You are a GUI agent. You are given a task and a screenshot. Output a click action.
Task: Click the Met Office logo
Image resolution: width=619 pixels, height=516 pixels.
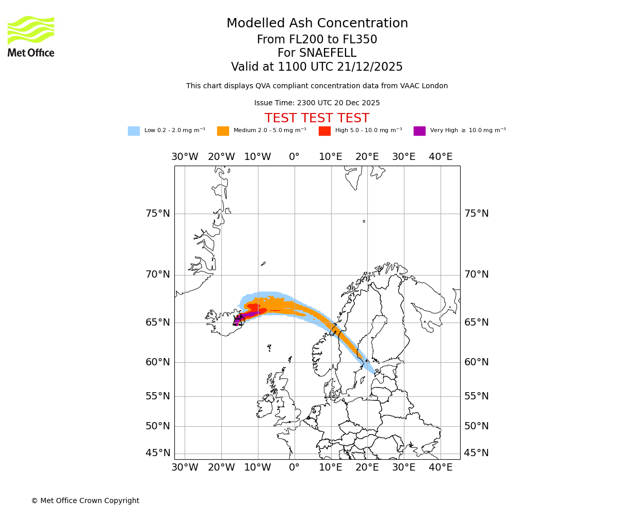31,36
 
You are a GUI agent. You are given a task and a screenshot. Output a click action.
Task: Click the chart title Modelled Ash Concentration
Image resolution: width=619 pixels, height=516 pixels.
317,24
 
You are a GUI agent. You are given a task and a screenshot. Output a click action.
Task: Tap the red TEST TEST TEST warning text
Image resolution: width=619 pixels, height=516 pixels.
317,119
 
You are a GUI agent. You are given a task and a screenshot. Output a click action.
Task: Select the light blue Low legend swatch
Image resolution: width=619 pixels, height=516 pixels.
134,131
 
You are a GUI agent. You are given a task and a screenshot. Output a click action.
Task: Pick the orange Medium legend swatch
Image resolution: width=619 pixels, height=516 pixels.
223,131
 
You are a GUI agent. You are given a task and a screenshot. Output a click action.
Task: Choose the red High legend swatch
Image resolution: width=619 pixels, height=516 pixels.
324,131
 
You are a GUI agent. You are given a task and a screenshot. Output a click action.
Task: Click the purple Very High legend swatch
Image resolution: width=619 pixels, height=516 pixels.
419,131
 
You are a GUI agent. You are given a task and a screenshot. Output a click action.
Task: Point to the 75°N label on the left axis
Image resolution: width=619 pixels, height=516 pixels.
157,214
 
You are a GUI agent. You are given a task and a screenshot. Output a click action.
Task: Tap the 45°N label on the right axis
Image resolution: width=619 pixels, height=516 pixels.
476,453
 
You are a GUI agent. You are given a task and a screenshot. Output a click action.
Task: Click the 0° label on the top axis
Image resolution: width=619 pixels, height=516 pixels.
294,157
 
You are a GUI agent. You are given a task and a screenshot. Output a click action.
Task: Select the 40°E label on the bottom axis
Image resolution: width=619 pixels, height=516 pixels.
441,467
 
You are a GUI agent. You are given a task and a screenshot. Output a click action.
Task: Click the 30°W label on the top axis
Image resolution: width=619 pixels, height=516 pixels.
185,157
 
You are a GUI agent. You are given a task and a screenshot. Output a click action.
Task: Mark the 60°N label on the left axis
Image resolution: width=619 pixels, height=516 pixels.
157,362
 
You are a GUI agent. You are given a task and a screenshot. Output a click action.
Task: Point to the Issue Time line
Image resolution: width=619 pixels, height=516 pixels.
317,103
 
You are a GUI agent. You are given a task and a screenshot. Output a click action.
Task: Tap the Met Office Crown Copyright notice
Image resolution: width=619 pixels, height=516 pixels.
85,501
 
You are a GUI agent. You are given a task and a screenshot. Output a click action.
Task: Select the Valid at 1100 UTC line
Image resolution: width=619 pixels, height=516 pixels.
317,67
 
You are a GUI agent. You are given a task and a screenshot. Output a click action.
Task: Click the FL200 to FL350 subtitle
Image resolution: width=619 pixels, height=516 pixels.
317,40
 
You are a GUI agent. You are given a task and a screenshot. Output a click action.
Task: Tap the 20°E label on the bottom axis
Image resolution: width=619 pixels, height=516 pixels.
367,467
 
